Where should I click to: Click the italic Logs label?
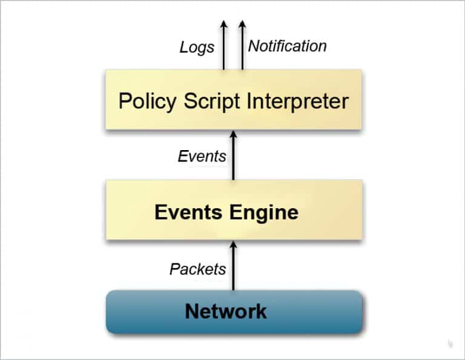pos(197,47)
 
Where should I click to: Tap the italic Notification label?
pos(288,46)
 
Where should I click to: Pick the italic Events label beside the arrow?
pos(202,156)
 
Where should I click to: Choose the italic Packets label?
pos(197,269)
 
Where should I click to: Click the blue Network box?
pos(234,312)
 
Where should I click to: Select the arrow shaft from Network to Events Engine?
pos(234,272)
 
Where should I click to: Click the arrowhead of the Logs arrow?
pos(223,25)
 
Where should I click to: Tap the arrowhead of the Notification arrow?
pos(242,25)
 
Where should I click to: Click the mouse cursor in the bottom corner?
pos(450,344)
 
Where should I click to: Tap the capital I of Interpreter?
pos(249,100)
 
